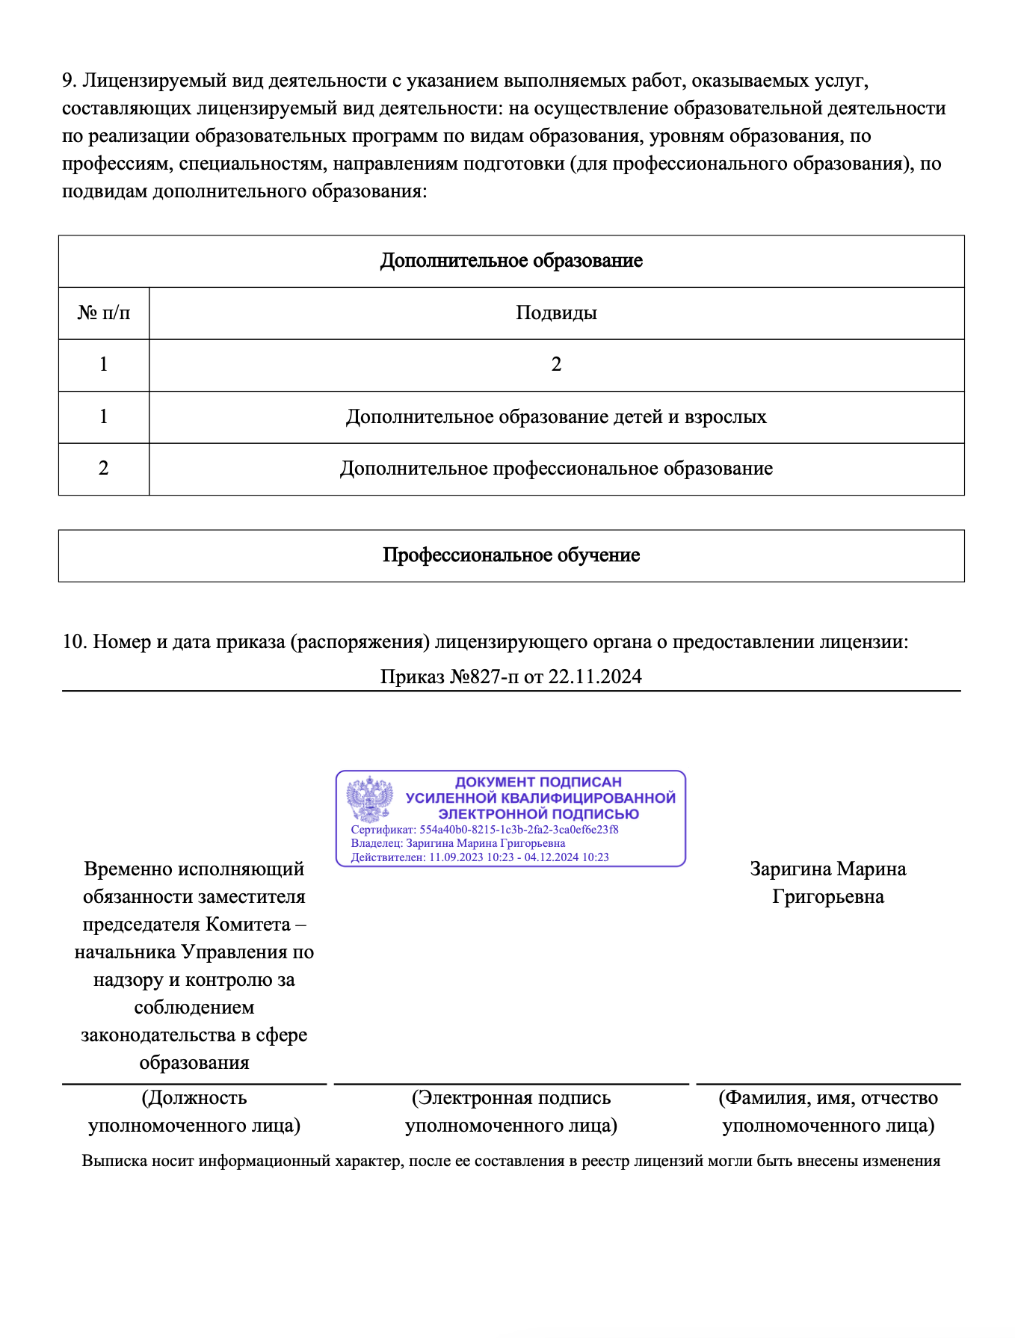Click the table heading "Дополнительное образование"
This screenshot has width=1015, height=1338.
511,261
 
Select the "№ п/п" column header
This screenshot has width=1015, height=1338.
103,312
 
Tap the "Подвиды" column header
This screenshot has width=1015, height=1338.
556,312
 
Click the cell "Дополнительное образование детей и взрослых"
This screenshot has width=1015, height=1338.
556,416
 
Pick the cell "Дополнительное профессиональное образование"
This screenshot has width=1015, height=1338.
556,469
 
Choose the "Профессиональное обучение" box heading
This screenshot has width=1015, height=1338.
511,555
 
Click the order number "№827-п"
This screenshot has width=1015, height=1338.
483,676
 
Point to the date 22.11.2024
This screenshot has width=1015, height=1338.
595,676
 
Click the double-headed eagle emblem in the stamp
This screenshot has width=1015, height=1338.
370,799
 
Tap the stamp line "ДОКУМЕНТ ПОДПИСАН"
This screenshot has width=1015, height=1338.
538,782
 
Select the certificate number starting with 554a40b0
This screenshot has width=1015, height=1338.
519,830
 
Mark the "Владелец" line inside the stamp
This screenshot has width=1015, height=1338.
457,843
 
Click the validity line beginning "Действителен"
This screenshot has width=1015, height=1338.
480,857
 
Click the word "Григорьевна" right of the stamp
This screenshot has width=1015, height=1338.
828,897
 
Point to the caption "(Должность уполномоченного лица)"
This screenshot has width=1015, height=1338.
194,1112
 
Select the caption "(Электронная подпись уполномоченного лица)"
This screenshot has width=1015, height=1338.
511,1112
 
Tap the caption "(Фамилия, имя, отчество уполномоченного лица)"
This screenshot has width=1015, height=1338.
828,1112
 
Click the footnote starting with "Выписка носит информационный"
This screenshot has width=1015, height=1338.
511,1161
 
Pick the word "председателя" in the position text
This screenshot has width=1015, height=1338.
141,925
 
